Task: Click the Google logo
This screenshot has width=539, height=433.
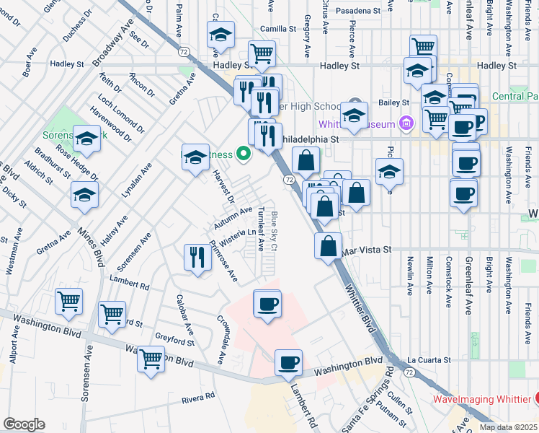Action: [x=24, y=424]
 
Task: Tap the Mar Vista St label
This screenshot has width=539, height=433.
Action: [x=367, y=250]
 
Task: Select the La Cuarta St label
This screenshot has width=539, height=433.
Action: [x=428, y=359]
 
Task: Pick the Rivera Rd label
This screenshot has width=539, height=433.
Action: [x=199, y=397]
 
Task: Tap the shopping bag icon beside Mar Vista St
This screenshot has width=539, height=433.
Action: [x=329, y=246]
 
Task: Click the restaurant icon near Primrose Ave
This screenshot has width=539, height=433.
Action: [x=197, y=258]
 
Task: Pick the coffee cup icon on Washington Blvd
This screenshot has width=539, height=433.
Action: [x=288, y=362]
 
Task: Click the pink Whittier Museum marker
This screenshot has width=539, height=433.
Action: [x=406, y=123]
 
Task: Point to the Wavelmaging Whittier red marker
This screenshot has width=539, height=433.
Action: [x=538, y=398]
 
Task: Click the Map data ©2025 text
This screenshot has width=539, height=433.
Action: [x=509, y=427]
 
